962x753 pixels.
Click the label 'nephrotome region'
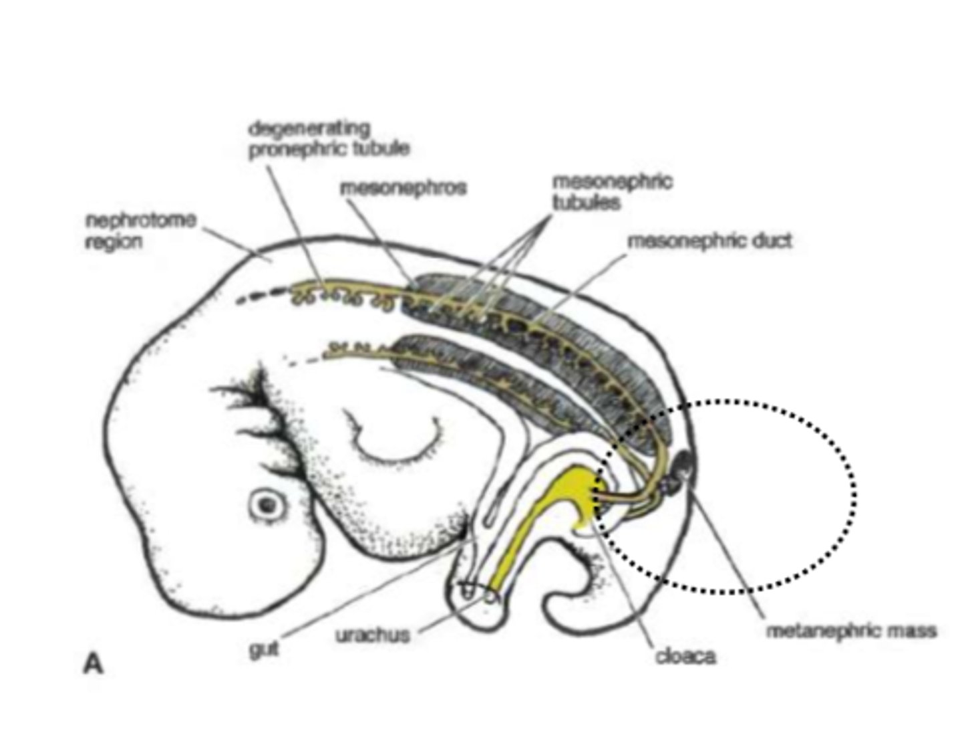click(140, 231)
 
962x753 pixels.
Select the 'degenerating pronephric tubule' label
click(329, 138)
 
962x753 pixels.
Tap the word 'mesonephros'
click(403, 188)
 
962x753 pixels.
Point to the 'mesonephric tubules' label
click(612, 191)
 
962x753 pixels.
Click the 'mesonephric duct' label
click(709, 241)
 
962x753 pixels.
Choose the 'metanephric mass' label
click(850, 630)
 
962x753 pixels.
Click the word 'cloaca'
click(685, 656)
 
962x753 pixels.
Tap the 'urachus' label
click(373, 634)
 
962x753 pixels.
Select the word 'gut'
click(263, 647)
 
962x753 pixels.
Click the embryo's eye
click(269, 505)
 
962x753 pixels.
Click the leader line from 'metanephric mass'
click(728, 555)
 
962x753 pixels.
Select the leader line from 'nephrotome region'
click(234, 242)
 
